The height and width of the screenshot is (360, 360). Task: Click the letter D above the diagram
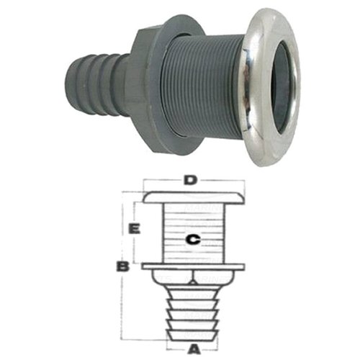[x=189, y=180]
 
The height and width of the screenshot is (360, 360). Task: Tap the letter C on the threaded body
[x=190, y=239]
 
